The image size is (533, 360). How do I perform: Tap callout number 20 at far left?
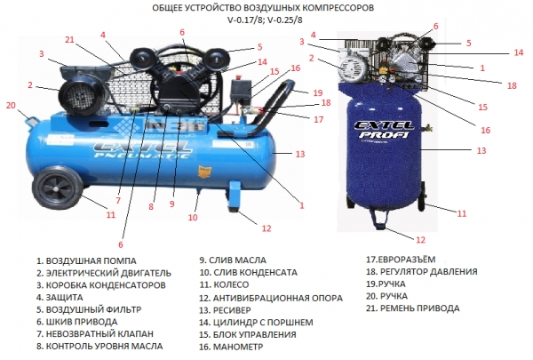coord(11,105)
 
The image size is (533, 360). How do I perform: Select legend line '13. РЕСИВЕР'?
coord(225,310)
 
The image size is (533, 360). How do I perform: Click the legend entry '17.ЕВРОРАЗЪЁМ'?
coord(401,260)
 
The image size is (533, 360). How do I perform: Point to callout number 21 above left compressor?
coord(69,40)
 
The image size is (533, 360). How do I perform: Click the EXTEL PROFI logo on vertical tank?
coord(384,129)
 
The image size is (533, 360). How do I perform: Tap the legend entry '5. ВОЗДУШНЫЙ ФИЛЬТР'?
coord(89,309)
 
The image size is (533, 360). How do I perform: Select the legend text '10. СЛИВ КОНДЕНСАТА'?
coord(248,272)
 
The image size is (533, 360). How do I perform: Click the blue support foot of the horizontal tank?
coord(235,196)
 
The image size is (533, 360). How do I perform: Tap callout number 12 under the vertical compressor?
coord(420,240)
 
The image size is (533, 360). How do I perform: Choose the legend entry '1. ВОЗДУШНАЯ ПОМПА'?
coord(86,261)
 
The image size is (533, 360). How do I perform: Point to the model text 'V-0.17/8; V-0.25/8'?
coord(265,20)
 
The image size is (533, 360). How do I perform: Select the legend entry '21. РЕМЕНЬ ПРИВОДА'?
coord(413,308)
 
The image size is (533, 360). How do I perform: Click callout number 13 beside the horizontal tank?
coord(300,154)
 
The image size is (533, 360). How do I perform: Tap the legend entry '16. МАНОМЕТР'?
coord(231,347)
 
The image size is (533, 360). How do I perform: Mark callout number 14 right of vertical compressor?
coord(519,52)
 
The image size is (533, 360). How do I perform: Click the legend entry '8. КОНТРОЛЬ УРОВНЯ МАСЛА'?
coord(99,346)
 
